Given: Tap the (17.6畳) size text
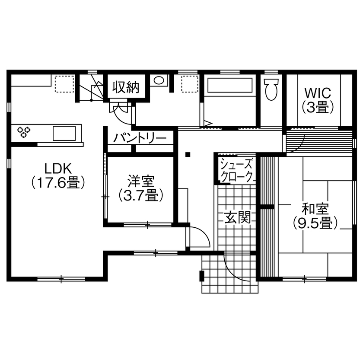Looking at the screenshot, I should (57, 183).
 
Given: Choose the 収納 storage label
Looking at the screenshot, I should (126, 87).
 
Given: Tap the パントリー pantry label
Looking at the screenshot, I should (140, 138).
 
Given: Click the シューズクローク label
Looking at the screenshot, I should (236, 170).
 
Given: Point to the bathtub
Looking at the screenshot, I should (229, 85).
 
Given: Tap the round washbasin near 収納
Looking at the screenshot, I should (159, 81).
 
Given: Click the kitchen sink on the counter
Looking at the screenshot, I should (67, 132).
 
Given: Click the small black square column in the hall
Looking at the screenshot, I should (188, 154).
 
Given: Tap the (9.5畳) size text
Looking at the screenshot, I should (315, 223).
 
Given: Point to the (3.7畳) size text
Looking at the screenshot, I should (141, 196).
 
